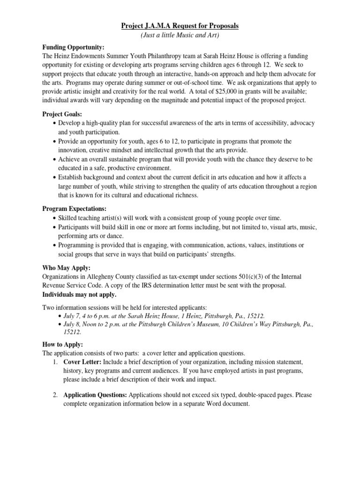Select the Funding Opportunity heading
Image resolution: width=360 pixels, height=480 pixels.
[x=74, y=48]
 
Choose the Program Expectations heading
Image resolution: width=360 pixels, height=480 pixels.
[x=75, y=209]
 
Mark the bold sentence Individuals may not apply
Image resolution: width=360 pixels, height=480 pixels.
[x=80, y=295]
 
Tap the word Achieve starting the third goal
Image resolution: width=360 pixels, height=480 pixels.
[x=69, y=159]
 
